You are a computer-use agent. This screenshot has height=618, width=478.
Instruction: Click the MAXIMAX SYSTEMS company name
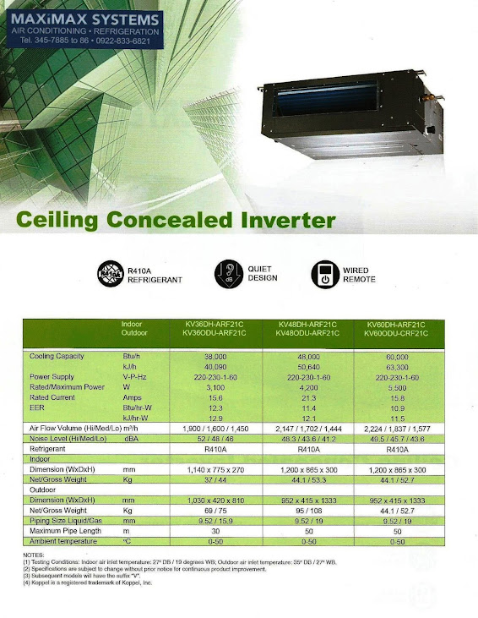point(84,18)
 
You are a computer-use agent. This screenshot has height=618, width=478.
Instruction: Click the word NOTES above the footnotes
point(35,555)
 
